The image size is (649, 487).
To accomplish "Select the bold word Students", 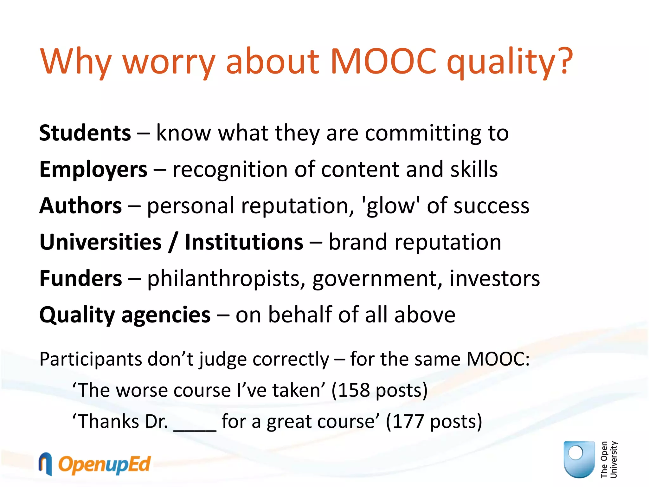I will (85, 133).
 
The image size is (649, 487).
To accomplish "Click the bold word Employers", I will (93, 170).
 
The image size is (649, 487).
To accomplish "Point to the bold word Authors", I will (80, 206).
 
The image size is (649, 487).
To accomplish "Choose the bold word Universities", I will (100, 242).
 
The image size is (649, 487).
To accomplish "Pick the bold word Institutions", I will (244, 242).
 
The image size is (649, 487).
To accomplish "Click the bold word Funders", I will (80, 278).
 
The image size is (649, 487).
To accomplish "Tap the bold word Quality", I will (77, 315).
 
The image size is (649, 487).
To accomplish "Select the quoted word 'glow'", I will (390, 206).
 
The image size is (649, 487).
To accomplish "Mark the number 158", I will (354, 390).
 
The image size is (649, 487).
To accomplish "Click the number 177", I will (408, 422).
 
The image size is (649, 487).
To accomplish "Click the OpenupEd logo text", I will (104, 465).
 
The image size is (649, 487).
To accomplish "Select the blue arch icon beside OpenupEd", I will (45, 464).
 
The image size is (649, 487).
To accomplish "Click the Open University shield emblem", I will (579, 459).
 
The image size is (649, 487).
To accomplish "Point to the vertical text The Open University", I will (609, 459).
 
